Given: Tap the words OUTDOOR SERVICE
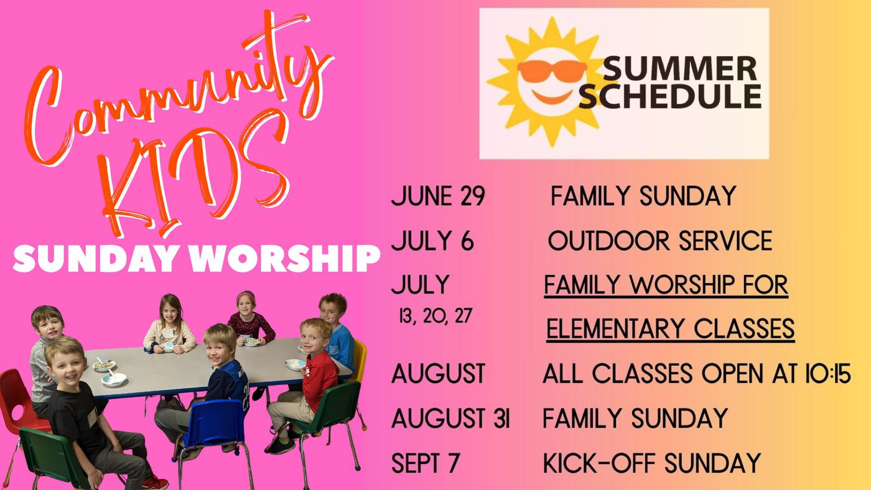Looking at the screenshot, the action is pos(660,241).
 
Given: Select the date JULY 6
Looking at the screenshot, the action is pos(432,241).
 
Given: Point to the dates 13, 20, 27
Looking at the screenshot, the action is pos(435,316).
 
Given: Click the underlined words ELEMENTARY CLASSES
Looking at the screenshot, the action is pos(671,329).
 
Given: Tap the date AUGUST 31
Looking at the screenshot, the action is pos(450,418).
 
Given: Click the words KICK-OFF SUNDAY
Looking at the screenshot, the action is pos(652,463).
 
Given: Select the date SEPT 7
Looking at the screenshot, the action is pos(426,463).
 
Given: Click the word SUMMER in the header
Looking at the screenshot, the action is pos(679,68).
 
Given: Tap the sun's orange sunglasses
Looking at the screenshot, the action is pos(552,71).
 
